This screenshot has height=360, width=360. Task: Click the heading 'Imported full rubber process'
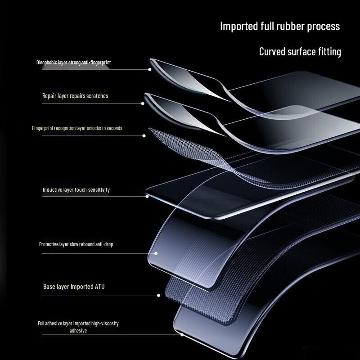pos(279,26)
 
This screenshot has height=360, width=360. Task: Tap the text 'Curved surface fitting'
pos(300,52)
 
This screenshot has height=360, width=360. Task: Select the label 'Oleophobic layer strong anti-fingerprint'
pos(73,63)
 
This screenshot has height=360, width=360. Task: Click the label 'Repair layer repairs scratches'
pos(75,96)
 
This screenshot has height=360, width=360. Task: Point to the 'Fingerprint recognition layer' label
pos(77,128)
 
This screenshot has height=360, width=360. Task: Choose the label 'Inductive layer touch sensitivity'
pos(76,190)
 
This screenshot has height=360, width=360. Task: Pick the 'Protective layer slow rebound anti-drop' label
pos(76,244)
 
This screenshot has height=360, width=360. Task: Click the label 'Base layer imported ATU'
pos(74,287)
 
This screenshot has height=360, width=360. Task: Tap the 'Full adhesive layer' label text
pos(78,324)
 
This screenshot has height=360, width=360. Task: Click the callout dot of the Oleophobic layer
pos(149,69)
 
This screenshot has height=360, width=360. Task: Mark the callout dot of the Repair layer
pos(143,103)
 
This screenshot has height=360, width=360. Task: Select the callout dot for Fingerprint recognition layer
pos(144,135)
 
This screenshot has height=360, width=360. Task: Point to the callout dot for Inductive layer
pos(147,196)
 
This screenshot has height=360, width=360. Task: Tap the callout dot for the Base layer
pos(158,296)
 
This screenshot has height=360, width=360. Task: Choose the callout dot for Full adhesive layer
pos(182,334)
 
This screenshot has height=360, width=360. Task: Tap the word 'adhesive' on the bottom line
pos(78,331)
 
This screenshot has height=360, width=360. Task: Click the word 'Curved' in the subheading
pos(272,52)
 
